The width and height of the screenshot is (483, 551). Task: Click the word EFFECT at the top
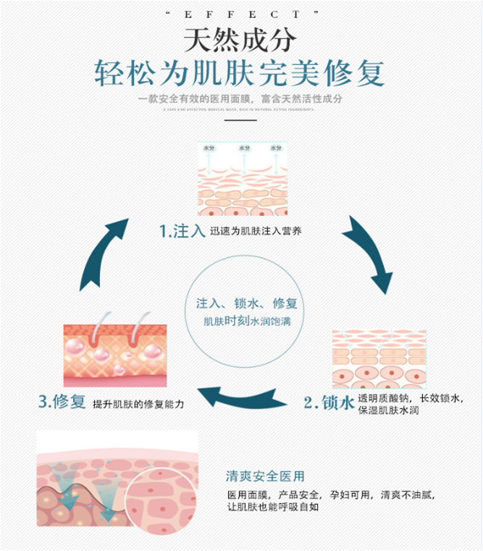click(x=240, y=13)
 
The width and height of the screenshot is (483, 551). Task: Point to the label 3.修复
click(x=62, y=403)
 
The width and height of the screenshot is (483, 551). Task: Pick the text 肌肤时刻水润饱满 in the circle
click(x=246, y=321)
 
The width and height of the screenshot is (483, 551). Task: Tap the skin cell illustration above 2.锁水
click(x=379, y=359)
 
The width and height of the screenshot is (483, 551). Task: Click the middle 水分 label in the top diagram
click(x=244, y=148)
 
